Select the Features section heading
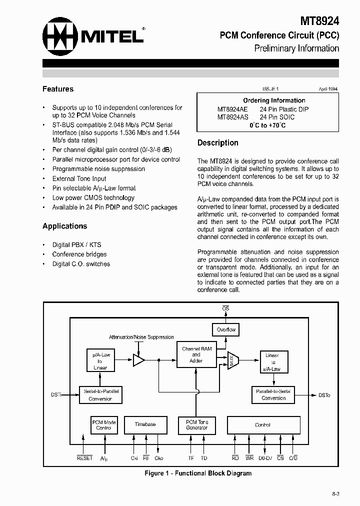58,89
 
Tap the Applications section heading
64,226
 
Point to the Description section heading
217,142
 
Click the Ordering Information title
274,100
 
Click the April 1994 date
328,88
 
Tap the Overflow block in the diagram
225,330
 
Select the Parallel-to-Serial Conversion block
273,394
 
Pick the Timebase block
145,424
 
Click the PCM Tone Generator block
196,424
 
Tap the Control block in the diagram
262,425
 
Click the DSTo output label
324,395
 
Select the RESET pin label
84,458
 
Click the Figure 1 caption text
198,473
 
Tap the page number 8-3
335,494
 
